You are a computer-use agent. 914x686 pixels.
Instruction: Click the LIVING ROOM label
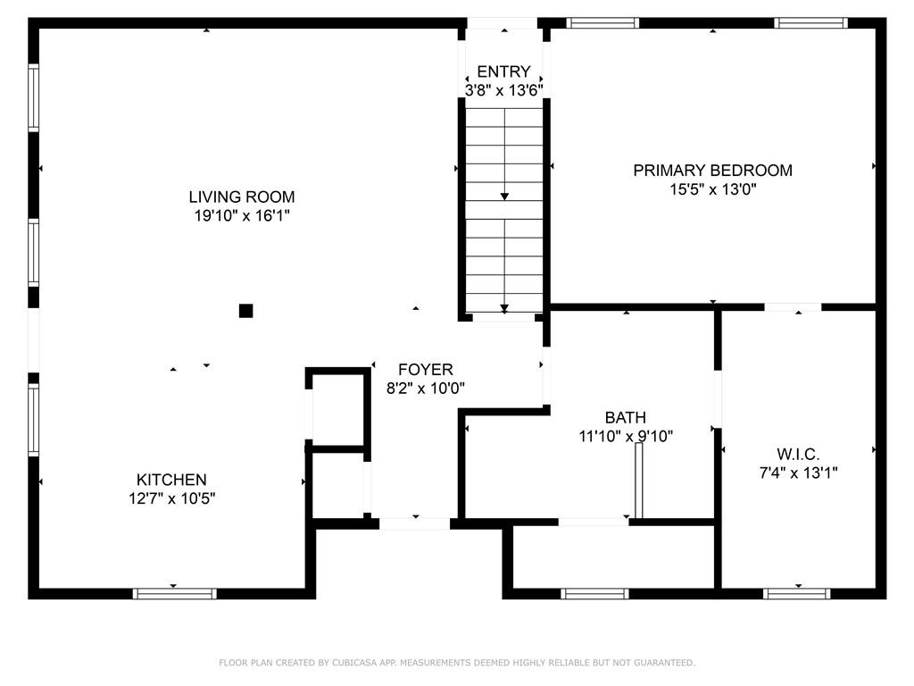pos(242,197)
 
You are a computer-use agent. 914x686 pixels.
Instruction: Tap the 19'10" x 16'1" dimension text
pos(242,216)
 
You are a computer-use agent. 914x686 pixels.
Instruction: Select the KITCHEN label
pos(171,480)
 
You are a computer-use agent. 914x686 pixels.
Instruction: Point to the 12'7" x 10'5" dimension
pos(172,498)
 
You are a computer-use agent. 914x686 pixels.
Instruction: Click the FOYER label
pos(426,369)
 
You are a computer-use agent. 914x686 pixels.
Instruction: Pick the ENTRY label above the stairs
pos(503,71)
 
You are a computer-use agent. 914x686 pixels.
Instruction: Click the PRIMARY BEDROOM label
pos(713,171)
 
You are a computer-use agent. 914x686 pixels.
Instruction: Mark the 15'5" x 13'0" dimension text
pos(713,189)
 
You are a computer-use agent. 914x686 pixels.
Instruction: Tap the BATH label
pos(626,418)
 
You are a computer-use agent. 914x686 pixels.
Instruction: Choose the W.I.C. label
pos(799,454)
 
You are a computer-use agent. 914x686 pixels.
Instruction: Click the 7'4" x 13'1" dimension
pos(799,473)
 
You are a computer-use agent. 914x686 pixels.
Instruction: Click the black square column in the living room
pos(246,311)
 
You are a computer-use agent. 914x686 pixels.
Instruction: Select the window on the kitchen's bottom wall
pos(174,594)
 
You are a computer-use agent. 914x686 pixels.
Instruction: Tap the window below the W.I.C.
pos(797,594)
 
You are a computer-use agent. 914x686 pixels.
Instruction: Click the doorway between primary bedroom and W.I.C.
pos(793,307)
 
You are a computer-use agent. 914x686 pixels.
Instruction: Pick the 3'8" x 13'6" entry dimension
pos(504,90)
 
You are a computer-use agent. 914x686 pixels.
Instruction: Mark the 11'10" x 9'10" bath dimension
pos(626,436)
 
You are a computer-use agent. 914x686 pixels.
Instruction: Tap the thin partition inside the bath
pos(639,481)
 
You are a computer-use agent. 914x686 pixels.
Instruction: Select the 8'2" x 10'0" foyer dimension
pos(426,388)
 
